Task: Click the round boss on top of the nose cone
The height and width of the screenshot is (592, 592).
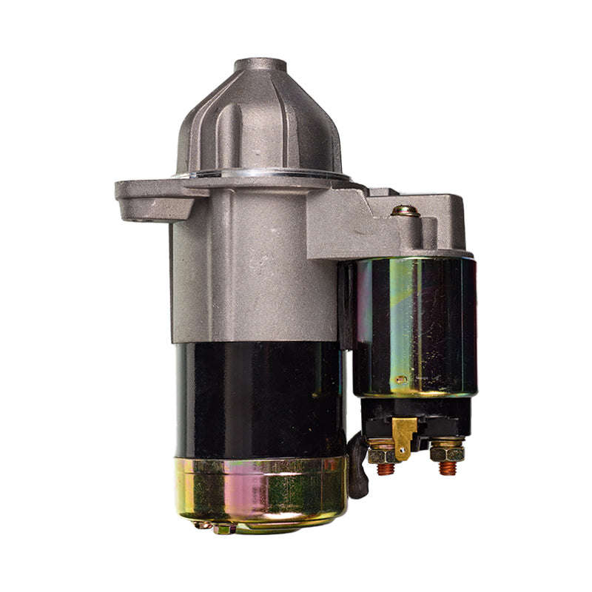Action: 260,66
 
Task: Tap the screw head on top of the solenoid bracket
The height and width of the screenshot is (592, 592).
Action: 405,211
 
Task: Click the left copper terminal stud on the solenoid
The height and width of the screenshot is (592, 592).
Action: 385,468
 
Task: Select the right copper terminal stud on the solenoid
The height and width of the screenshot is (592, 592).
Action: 446,468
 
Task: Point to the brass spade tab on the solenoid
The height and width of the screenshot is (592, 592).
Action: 404,437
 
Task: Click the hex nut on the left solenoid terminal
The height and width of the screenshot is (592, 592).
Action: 382,452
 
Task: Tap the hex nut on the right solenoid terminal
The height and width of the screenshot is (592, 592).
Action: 446,451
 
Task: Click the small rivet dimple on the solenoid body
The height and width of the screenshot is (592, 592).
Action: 400,380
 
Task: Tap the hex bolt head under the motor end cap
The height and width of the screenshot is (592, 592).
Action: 222,528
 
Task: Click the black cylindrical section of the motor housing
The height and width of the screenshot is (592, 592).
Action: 259,400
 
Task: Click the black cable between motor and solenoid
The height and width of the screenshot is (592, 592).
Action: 358,466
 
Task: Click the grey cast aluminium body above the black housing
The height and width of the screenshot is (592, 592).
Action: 244,274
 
